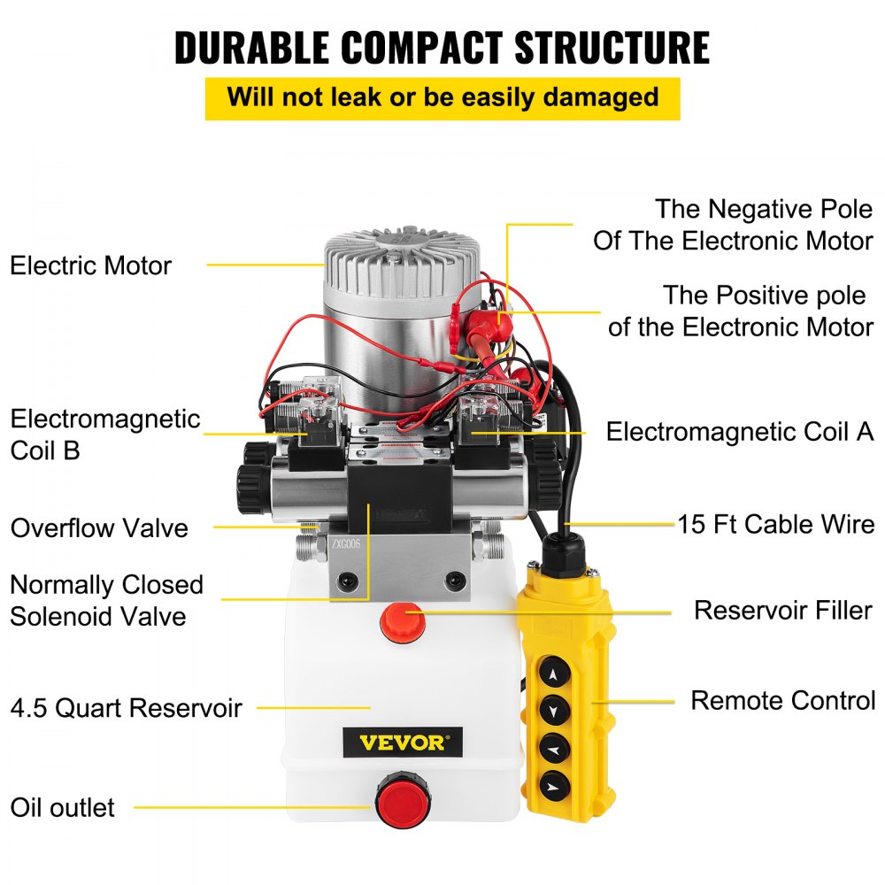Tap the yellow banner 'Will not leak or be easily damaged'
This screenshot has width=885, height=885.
[442, 97]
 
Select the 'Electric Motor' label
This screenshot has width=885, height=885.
[90, 265]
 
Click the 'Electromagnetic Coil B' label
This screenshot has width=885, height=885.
[104, 434]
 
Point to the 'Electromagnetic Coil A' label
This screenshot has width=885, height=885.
[740, 432]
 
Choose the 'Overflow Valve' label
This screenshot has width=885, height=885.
[99, 528]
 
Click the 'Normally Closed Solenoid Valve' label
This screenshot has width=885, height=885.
[106, 600]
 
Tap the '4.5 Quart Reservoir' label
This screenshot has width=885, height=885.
[126, 708]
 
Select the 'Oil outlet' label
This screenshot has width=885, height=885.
[62, 807]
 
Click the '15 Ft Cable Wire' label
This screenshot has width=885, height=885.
[776, 524]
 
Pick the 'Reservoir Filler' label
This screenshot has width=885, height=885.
[783, 611]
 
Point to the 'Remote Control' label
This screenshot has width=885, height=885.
[783, 700]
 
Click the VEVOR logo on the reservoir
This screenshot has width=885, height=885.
[403, 742]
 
